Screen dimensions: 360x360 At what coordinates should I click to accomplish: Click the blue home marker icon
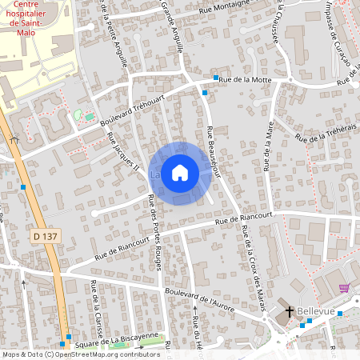pyautogui.click(x=180, y=173)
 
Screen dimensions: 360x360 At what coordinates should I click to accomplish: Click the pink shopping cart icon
pyautogui.click(x=344, y=288)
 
